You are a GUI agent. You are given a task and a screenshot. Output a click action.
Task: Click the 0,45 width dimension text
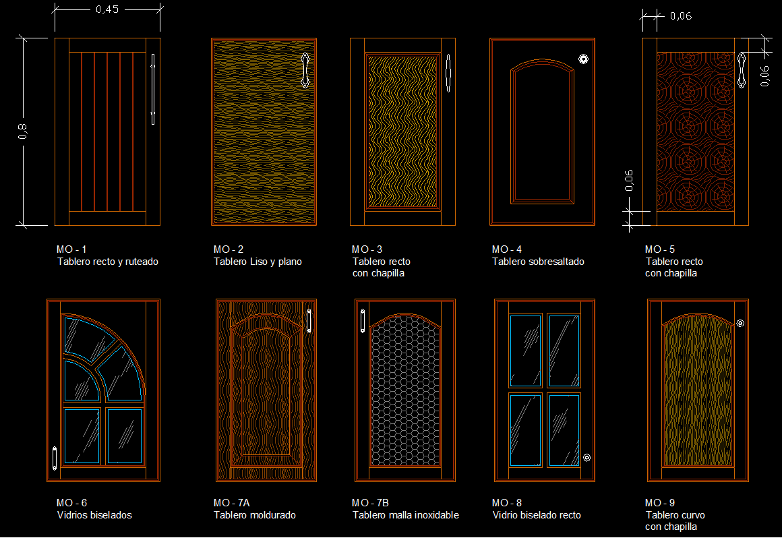click(107, 9)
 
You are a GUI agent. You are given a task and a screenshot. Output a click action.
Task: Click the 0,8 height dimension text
click(22, 131)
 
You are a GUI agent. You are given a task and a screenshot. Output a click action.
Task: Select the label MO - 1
click(71, 249)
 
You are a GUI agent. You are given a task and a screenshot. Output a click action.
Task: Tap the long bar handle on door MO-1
click(153, 89)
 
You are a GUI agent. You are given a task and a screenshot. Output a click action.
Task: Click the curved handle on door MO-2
click(305, 70)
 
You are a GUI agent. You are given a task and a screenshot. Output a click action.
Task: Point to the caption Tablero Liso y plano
click(258, 262)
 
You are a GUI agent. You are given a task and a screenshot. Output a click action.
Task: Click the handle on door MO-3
click(448, 73)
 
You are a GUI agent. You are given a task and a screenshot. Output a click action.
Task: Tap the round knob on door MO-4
click(584, 59)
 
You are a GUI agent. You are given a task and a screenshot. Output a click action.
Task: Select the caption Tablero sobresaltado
click(538, 262)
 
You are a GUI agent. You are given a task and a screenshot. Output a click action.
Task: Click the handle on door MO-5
click(742, 70)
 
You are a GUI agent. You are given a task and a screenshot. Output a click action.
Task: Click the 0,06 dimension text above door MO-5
click(681, 16)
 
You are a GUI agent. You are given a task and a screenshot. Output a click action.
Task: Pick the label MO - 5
click(660, 249)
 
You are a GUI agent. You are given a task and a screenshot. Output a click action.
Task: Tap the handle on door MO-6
click(55, 458)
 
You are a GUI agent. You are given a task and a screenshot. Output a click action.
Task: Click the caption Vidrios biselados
click(94, 515)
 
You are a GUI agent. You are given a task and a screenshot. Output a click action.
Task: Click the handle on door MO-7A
click(309, 321)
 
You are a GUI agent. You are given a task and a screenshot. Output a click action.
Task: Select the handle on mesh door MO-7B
click(363, 321)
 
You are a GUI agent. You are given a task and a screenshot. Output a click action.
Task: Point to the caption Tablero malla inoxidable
click(405, 515)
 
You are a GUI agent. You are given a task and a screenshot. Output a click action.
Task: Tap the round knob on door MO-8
click(587, 458)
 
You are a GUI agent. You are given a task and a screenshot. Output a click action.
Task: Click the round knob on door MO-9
click(741, 323)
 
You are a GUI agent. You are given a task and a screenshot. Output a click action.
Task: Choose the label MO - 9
click(660, 503)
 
